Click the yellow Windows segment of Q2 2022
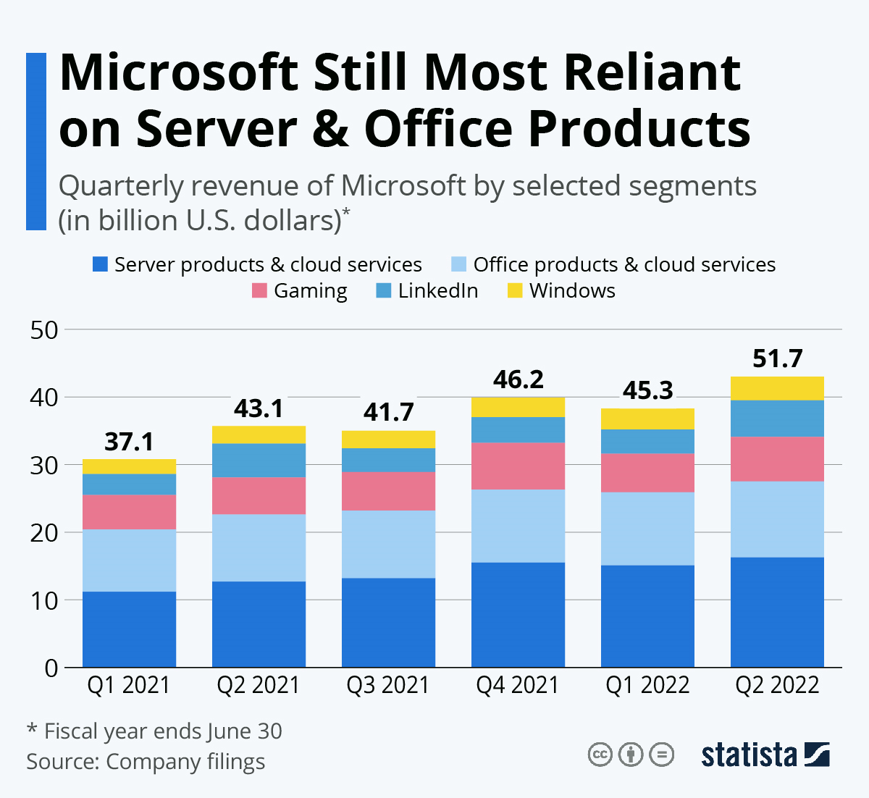click(777, 388)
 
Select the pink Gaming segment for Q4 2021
click(518, 466)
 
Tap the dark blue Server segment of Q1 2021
click(129, 629)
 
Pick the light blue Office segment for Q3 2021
click(388, 544)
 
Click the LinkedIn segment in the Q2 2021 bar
click(259, 460)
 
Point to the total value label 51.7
click(777, 358)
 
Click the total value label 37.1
click(129, 441)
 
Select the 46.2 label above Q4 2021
click(518, 379)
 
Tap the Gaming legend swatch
click(259, 291)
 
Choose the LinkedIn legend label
click(437, 291)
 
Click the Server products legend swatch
click(100, 264)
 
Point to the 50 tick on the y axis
click(43, 330)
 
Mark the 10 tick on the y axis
click(43, 600)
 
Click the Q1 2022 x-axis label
click(647, 685)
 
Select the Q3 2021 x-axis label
click(388, 685)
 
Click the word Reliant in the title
click(652, 72)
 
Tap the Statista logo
click(765, 755)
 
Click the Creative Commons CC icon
click(600, 755)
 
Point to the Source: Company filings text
click(146, 762)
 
